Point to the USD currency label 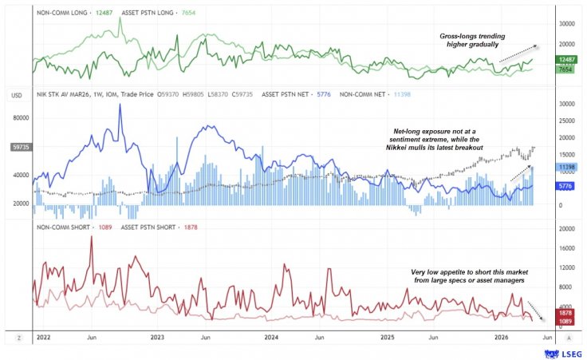(x=17, y=95)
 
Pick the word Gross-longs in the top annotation (x=460, y=36)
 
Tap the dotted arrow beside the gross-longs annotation (x=518, y=53)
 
